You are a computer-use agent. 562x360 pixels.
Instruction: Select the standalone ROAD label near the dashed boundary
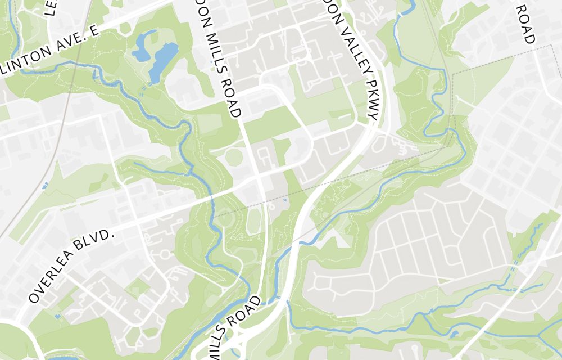(526, 24)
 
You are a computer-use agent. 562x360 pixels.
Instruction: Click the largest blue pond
(163, 61)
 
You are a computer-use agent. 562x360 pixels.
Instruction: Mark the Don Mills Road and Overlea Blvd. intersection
(257, 179)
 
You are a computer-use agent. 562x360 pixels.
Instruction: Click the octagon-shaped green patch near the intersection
(234, 157)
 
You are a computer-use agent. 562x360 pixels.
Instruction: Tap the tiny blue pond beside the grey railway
(45, 184)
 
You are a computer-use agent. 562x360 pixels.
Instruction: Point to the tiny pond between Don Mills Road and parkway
(285, 200)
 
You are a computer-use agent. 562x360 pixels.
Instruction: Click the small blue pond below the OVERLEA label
(57, 316)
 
